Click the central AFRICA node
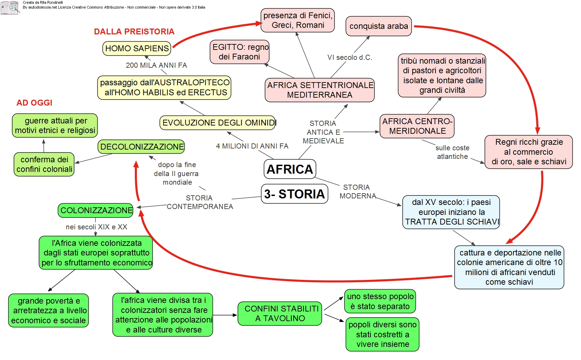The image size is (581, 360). tap(290, 169)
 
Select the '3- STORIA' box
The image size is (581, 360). tap(294, 194)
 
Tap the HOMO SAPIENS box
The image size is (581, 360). tap(137, 48)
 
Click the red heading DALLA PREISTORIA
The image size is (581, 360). tap(134, 32)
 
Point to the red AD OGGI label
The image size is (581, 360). tap(34, 103)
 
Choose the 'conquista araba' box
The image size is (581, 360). tap(378, 26)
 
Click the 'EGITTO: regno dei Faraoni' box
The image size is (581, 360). tap(240, 52)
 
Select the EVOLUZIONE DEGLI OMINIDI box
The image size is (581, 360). tap(218, 123)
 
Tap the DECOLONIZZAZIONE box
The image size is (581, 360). tap(141, 147)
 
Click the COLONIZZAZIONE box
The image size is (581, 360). tap(96, 210)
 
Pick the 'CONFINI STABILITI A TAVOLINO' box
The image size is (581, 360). tap(280, 314)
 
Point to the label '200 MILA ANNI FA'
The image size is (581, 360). tap(156, 65)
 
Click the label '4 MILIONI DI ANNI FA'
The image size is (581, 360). tap(252, 146)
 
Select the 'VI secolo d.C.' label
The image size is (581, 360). tap(349, 57)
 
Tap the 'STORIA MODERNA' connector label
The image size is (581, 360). tap(357, 192)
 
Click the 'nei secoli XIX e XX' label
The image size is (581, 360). tap(96, 227)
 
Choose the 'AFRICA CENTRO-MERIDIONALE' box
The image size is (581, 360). tap(417, 126)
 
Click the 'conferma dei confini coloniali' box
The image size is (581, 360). tap(44, 164)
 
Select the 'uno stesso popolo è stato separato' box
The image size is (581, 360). tap(380, 301)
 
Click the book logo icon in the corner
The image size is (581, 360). tap(10, 7)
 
